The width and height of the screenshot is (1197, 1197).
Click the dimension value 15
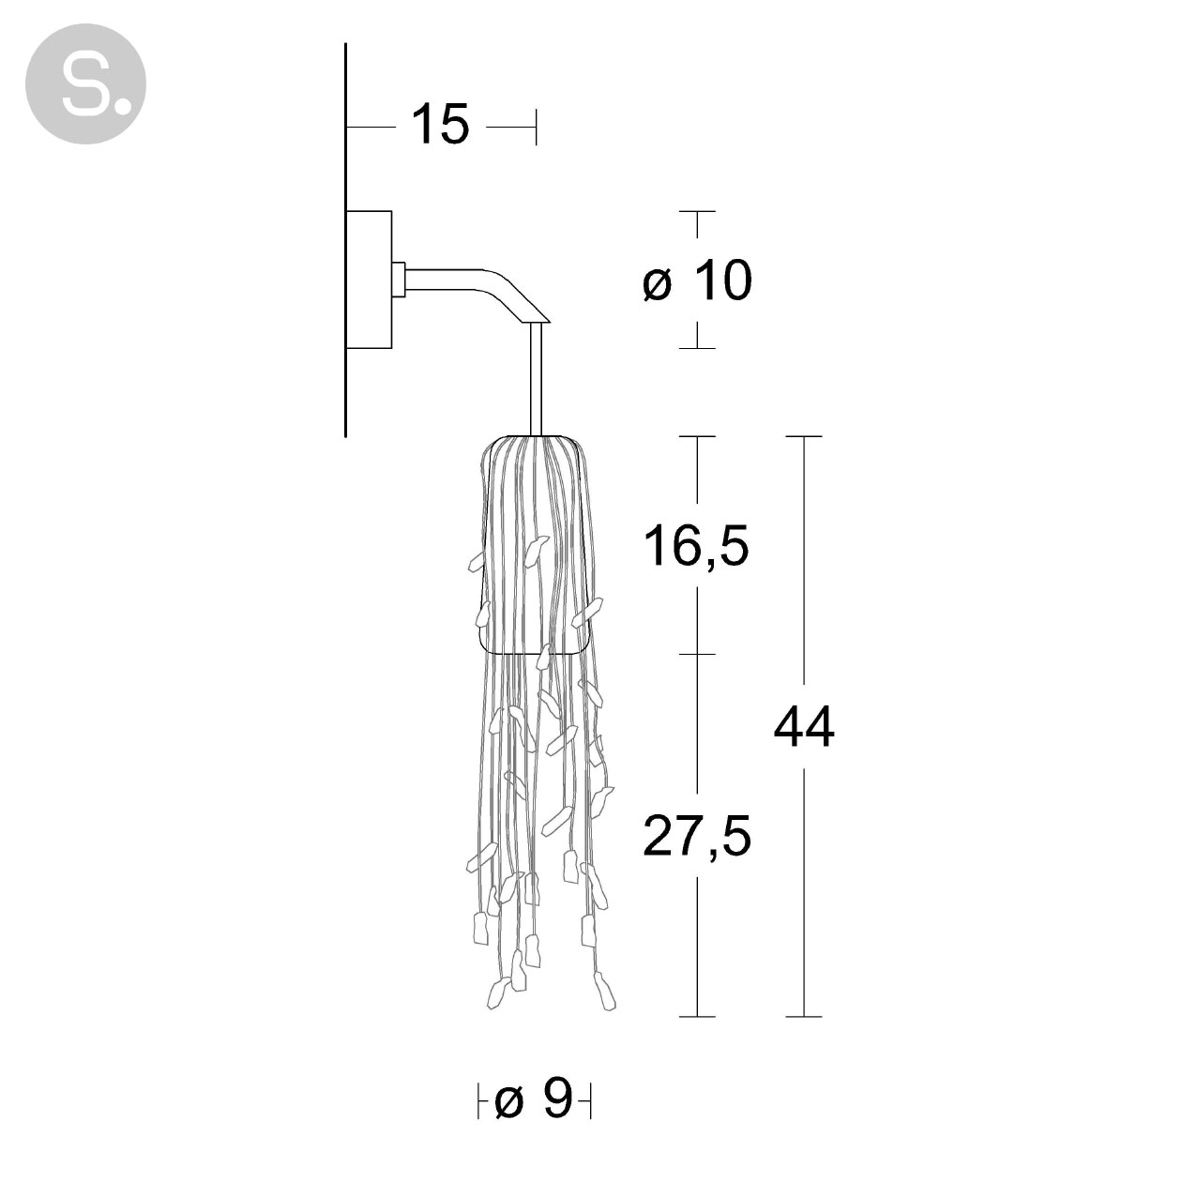pos(440,125)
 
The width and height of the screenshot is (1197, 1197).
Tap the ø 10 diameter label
pos(697,280)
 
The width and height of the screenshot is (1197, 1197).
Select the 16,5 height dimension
pos(696,545)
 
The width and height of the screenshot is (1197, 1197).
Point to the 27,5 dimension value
pos(697,836)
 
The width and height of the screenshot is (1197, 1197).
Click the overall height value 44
pos(804,727)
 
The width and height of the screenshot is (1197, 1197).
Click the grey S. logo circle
pos(85,83)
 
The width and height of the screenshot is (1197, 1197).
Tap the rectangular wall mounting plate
pos(369,280)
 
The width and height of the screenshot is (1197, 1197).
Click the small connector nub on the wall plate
pos(399,280)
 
